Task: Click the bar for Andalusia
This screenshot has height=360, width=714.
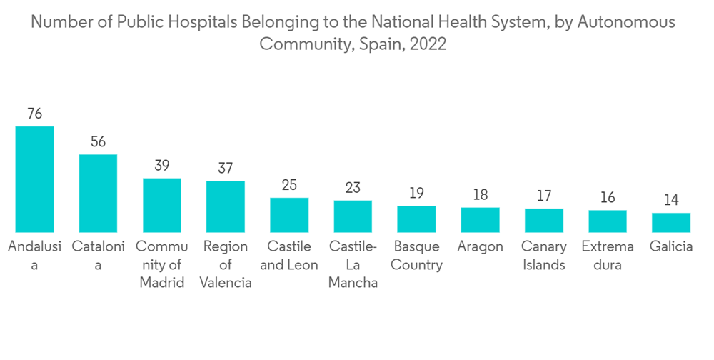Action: [x=34, y=179]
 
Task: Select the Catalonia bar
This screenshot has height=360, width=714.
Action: [x=98, y=193]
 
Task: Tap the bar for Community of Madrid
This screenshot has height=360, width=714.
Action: [x=162, y=205]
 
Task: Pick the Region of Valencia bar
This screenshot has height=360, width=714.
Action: [x=226, y=206]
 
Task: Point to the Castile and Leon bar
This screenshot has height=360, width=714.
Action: [x=289, y=215]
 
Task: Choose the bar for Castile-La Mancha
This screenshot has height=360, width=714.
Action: [x=353, y=216]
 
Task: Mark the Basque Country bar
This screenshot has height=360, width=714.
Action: [x=416, y=219]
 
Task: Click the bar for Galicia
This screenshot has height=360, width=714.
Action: [x=671, y=222]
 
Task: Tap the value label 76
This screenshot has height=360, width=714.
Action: [x=34, y=114]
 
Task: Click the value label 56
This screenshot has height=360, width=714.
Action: [x=98, y=141]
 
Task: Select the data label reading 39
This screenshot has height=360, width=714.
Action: [x=162, y=166]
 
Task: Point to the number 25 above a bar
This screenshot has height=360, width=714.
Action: [x=289, y=186]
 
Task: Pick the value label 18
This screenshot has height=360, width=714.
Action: [x=480, y=195]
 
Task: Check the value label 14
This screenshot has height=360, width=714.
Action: [x=671, y=201]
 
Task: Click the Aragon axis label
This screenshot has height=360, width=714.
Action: [x=480, y=247]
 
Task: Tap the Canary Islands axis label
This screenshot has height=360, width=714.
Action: [x=544, y=256]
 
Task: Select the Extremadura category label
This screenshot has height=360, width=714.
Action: [x=608, y=256]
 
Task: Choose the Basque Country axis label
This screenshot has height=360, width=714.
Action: [x=417, y=256]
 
